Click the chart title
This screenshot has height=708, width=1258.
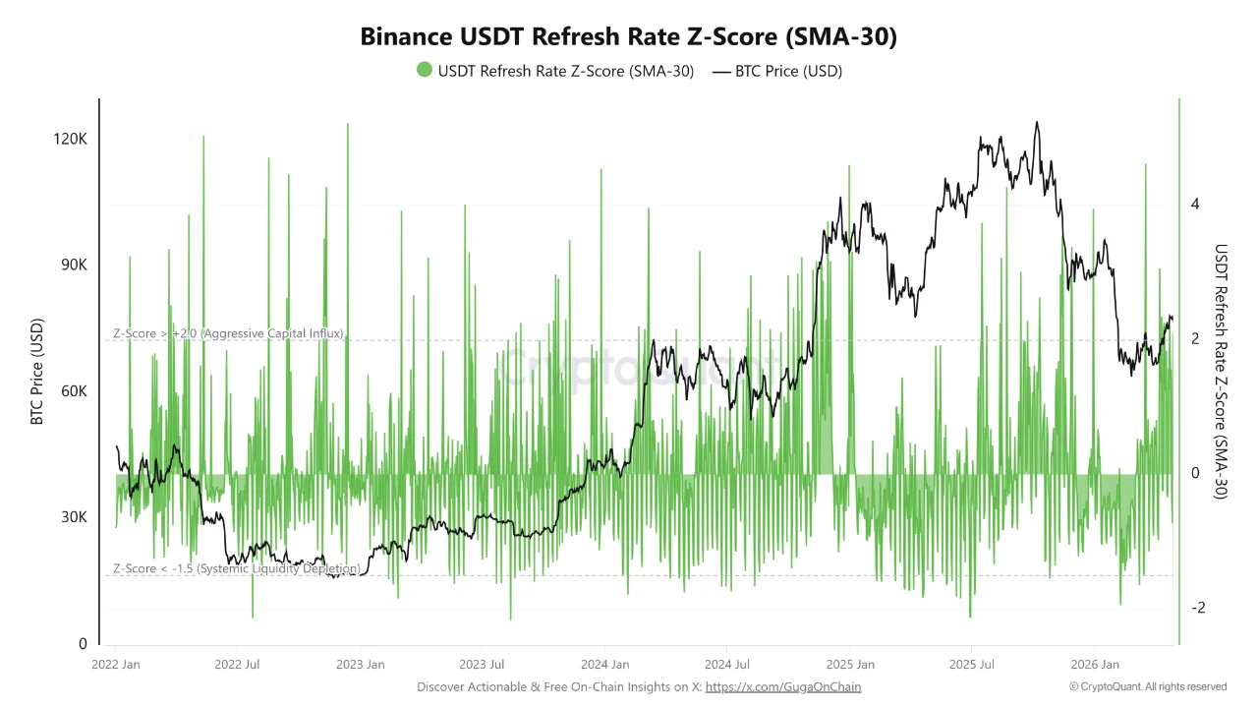(x=629, y=37)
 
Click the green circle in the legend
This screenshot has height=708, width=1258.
(x=425, y=71)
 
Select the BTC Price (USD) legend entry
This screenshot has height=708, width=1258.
(x=777, y=71)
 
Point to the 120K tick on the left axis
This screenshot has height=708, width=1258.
(x=70, y=140)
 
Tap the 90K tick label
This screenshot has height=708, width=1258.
(x=70, y=265)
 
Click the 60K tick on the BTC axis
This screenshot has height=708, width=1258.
(x=70, y=391)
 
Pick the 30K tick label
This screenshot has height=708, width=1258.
(x=70, y=517)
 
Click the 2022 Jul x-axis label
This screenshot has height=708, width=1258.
(x=238, y=665)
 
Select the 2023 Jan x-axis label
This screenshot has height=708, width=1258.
(x=360, y=665)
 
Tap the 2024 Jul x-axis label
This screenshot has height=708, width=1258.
(x=728, y=665)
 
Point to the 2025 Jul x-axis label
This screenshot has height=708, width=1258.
(x=971, y=665)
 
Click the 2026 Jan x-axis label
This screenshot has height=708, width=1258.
(x=1095, y=665)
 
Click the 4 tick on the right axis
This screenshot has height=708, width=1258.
(x=1195, y=205)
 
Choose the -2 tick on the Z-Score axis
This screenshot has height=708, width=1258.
(x=1197, y=609)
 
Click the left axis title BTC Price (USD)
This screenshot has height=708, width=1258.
(x=37, y=372)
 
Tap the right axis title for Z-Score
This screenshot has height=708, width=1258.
(x=1222, y=372)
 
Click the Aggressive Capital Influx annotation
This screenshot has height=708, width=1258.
(x=228, y=334)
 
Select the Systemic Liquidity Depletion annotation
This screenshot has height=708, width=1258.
(x=236, y=569)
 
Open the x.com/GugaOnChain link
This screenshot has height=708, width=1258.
(x=783, y=687)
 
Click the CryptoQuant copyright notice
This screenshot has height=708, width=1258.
(x=1148, y=687)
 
